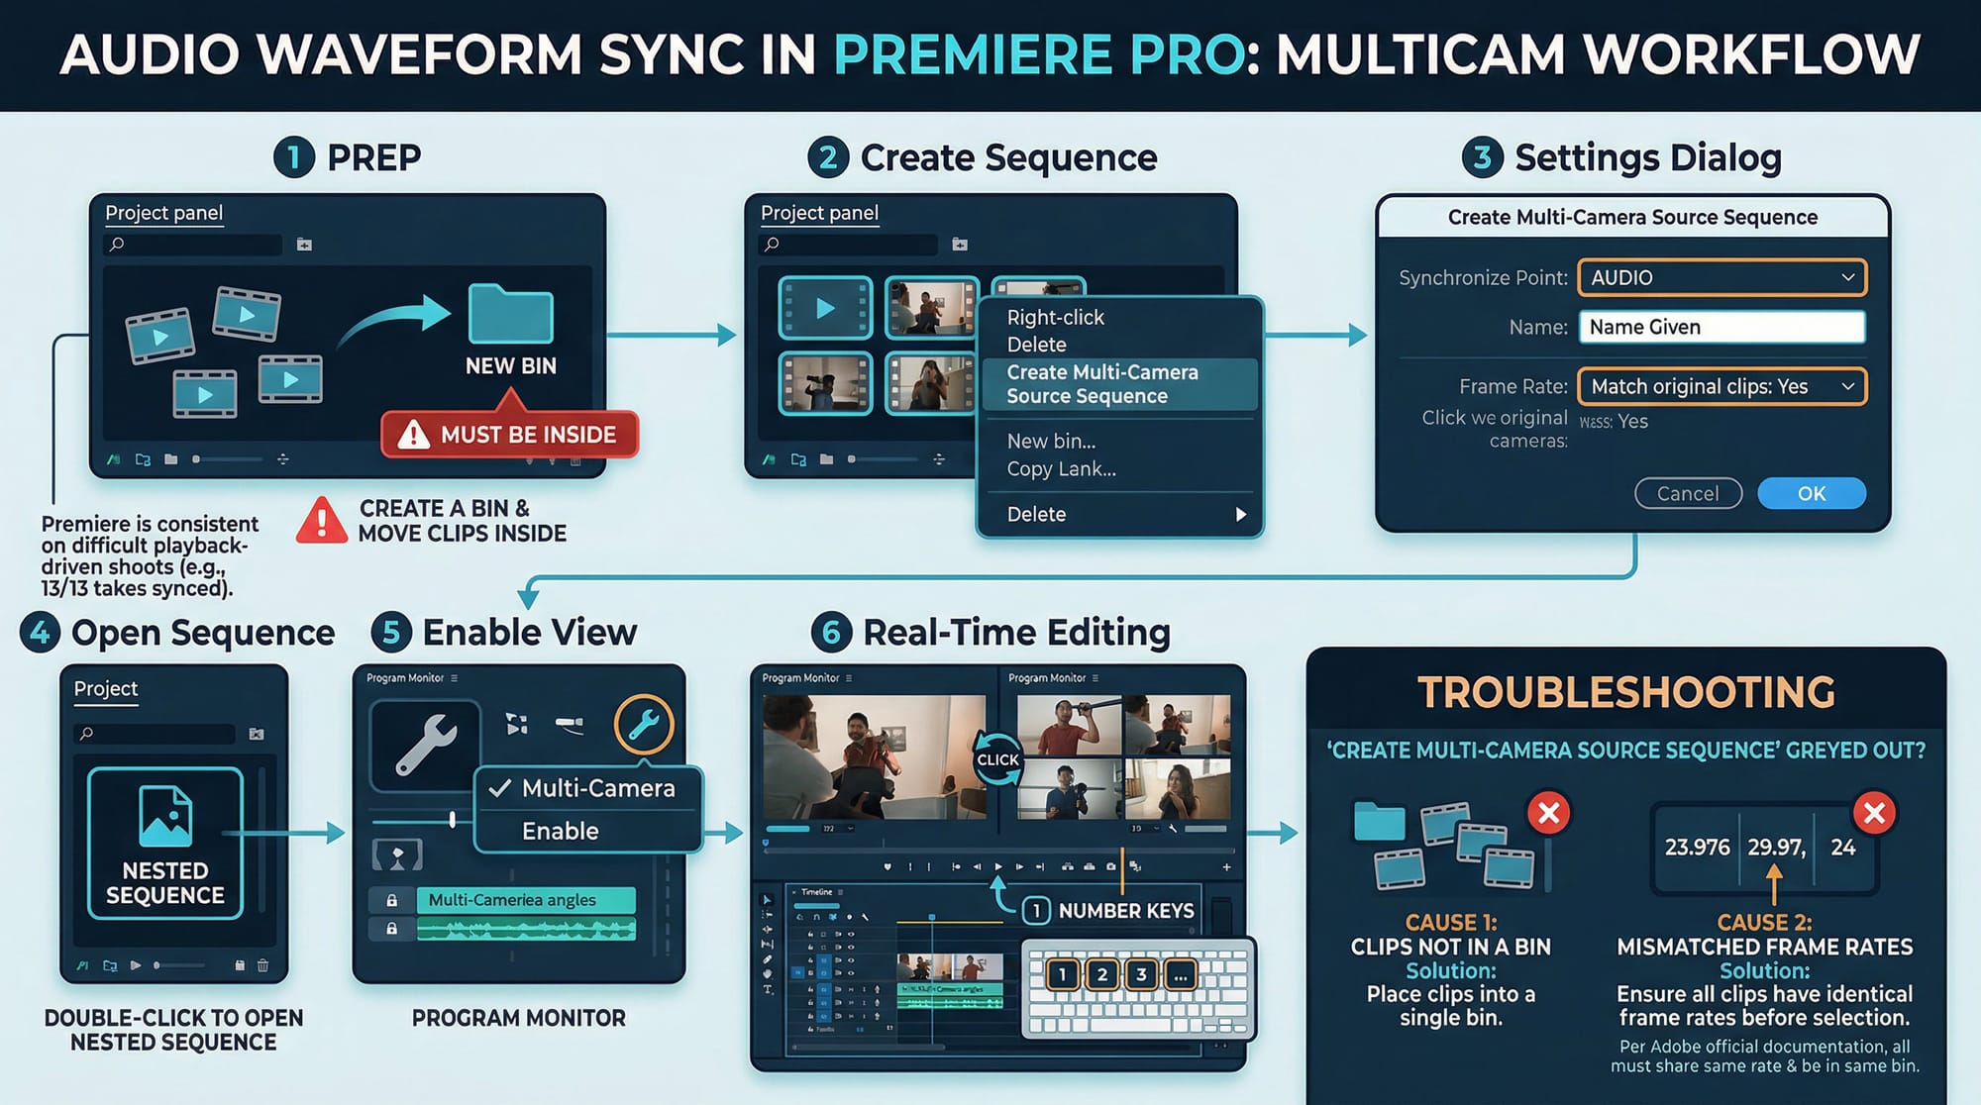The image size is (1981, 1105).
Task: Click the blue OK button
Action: point(1811,493)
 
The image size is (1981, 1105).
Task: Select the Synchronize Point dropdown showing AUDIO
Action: point(1721,277)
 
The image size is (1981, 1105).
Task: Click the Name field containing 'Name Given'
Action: point(1721,327)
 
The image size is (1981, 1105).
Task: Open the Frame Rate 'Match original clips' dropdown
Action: point(1721,386)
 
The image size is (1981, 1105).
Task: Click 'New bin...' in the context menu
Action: point(1051,441)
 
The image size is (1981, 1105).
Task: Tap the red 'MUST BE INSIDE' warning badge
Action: point(510,435)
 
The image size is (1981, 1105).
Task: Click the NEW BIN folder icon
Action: point(510,314)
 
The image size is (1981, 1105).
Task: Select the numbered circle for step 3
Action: point(1482,157)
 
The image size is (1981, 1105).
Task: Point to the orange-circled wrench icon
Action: point(643,725)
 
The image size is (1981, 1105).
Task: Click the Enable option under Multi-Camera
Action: point(561,831)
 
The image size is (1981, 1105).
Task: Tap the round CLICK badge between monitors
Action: point(997,759)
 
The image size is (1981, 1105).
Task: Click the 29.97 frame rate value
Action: point(1775,848)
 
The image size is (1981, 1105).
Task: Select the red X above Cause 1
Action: point(1549,813)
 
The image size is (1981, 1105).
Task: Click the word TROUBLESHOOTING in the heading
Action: point(1625,692)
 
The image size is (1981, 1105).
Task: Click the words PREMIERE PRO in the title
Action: point(1038,54)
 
